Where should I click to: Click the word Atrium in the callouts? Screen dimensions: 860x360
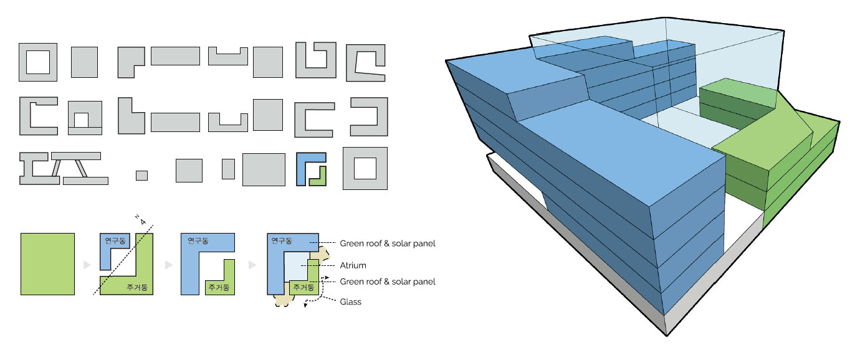coord(353,265)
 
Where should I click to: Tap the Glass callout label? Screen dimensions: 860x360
coord(350,301)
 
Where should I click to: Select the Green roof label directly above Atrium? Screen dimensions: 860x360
coord(388,244)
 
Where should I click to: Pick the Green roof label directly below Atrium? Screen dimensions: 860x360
coord(388,282)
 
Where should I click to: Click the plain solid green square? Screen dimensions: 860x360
coord(47,264)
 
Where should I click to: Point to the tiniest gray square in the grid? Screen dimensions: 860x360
coord(141,176)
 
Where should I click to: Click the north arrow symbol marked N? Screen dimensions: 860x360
coord(141,220)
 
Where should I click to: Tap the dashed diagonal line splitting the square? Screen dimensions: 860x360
coord(123,260)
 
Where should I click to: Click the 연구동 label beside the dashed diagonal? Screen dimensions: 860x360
coord(115,240)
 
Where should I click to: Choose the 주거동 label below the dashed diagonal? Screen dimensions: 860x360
coord(137,288)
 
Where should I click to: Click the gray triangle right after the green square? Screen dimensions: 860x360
coord(87,265)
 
